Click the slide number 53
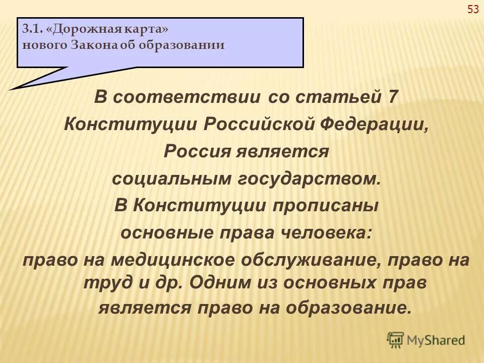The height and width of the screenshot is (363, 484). point(473,9)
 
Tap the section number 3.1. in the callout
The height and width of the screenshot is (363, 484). point(32,29)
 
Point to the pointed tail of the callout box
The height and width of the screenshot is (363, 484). point(15,87)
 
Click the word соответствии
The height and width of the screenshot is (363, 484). point(187,97)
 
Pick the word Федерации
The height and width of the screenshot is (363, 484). point(376,124)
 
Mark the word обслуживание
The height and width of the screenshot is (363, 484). point(310,261)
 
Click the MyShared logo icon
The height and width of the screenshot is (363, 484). point(396,340)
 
